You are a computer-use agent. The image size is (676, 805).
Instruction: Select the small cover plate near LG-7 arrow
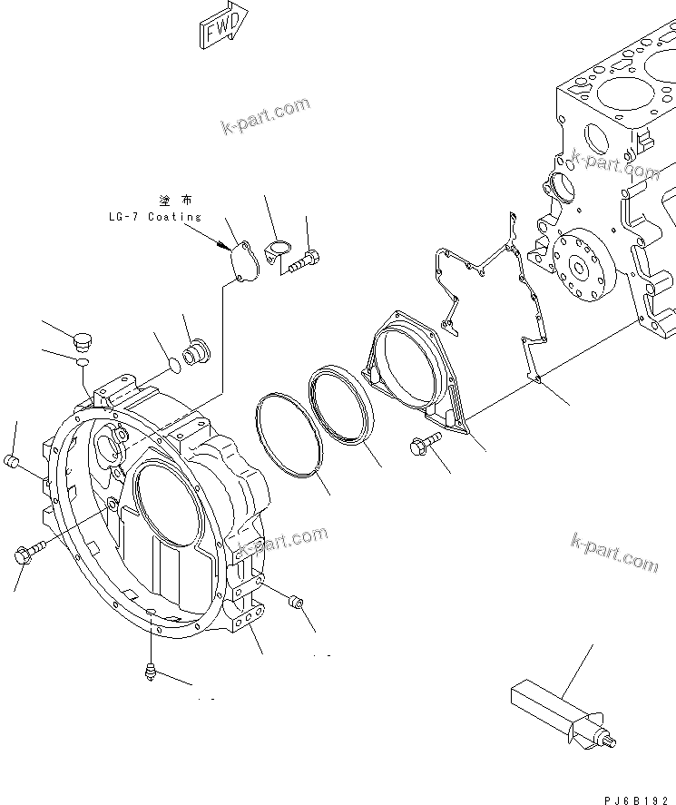coord(242,260)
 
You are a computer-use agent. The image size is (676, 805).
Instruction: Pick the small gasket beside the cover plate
coord(279,252)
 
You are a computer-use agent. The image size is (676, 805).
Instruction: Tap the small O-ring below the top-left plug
coord(83,362)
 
